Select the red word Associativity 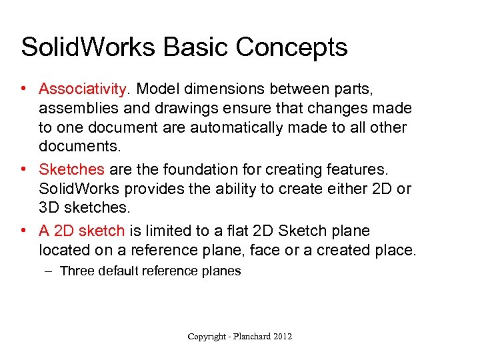point(83,89)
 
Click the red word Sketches point(72,169)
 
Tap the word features point(360,169)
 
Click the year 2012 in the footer point(281,337)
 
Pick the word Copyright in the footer point(206,337)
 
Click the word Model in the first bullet point(154,89)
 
